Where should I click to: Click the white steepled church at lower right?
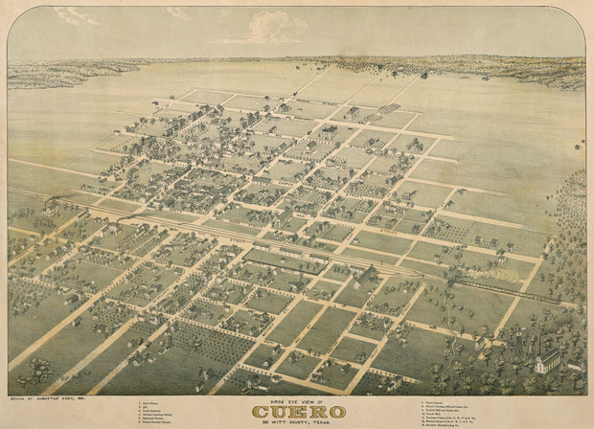(x=546, y=362)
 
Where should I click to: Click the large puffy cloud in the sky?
(x=277, y=28)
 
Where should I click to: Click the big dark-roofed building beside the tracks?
(x=365, y=276)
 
